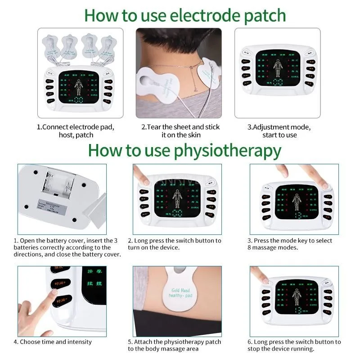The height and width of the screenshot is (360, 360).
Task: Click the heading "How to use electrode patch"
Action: (x=185, y=15)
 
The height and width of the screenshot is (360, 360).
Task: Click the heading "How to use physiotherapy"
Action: (x=185, y=149)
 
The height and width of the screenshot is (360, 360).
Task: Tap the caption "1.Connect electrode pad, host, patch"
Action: (x=75, y=130)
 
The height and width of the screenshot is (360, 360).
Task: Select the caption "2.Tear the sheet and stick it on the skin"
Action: (x=180, y=130)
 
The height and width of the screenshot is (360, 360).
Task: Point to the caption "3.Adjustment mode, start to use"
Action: (x=279, y=130)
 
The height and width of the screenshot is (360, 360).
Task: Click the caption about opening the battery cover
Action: (x=67, y=247)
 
